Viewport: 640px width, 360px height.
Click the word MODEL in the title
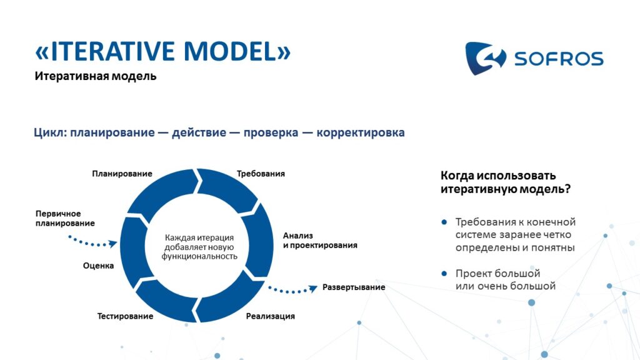[x=231, y=51]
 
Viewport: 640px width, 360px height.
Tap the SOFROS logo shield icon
[x=486, y=58]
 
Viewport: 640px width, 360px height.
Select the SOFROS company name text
[x=559, y=59]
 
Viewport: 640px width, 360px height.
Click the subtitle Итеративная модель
[x=96, y=76]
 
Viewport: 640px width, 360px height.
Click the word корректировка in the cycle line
[x=361, y=132]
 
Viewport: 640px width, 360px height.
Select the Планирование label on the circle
[x=122, y=174]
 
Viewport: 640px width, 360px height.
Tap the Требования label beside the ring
[x=261, y=174]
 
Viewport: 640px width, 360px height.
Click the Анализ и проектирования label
[x=320, y=241]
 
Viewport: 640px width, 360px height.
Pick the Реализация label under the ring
[x=270, y=316]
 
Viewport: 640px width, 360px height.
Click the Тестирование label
[x=125, y=316]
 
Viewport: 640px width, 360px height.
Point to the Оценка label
[x=98, y=266]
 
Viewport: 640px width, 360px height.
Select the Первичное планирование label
[x=65, y=218]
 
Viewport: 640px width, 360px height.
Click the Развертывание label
[x=354, y=287]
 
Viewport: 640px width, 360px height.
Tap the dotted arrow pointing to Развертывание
[x=292, y=291]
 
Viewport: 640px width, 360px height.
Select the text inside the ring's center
[x=199, y=247]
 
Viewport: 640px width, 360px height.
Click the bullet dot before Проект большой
[x=444, y=274]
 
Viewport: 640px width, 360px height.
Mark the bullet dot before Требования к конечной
[x=444, y=222]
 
